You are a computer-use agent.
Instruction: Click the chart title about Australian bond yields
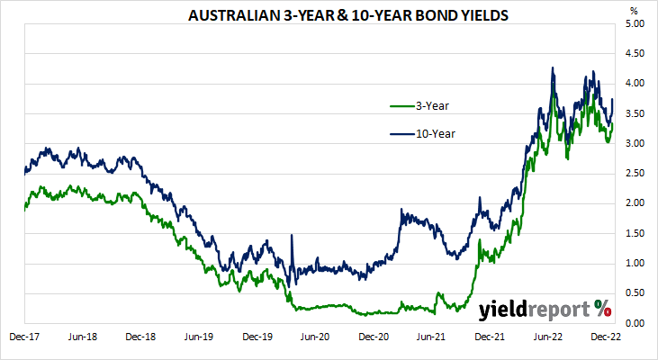point(329,15)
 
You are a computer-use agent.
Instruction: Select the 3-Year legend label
point(431,105)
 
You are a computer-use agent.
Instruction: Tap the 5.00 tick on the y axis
point(635,24)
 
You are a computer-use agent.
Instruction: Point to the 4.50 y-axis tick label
point(635,54)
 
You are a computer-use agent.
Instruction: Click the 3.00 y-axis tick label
point(635,144)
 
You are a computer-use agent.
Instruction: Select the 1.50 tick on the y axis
point(635,233)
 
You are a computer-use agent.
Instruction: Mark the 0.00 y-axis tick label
point(635,323)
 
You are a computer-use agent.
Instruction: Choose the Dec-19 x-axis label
point(257,337)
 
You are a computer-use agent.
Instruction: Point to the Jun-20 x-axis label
point(315,337)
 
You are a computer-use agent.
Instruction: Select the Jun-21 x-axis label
point(431,337)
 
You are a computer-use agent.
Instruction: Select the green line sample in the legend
point(401,105)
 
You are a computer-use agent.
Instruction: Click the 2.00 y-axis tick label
point(635,203)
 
